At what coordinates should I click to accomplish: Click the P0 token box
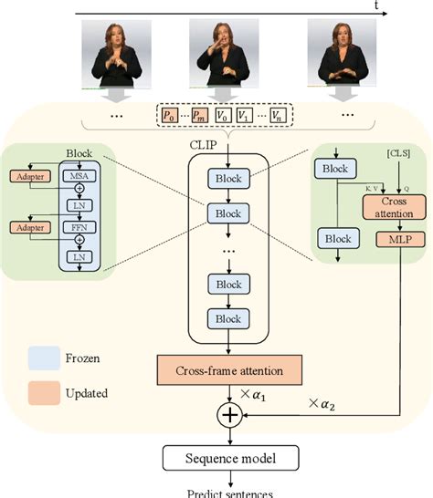coord(168,116)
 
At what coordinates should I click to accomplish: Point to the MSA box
coord(75,174)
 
